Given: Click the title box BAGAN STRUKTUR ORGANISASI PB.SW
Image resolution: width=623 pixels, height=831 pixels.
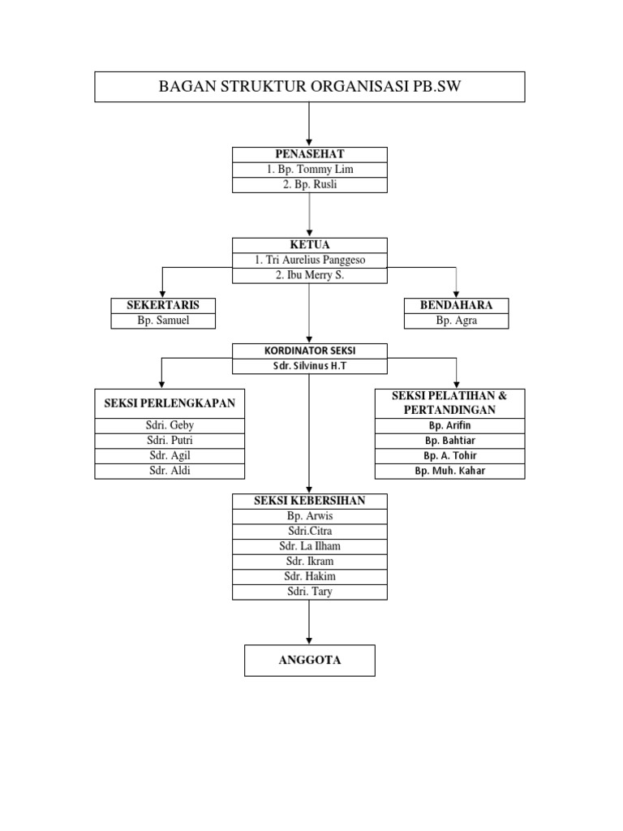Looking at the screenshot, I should point(309,87).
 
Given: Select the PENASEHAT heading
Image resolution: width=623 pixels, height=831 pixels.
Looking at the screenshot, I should point(309,154).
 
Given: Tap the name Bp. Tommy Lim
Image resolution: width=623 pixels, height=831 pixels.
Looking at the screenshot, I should point(309,170).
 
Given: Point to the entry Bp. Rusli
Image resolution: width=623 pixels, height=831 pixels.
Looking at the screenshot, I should point(309,185).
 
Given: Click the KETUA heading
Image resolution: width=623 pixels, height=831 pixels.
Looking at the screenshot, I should point(309,245).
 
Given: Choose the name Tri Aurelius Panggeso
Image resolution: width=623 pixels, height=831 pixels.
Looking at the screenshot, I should point(309,260).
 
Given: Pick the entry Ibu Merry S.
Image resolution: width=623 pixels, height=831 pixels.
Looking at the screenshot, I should point(309,276).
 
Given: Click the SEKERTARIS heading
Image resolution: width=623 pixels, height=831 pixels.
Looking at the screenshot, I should point(163,305).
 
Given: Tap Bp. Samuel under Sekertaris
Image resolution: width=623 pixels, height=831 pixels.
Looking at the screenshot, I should point(163,321).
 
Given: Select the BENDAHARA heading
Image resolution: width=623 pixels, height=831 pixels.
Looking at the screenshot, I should point(457,305).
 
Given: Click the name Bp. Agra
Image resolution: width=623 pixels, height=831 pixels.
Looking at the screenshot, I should point(457,321).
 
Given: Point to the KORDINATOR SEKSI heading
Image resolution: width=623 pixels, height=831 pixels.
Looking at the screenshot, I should point(309,351).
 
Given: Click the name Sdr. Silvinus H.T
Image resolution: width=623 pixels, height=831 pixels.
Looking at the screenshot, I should point(309,366).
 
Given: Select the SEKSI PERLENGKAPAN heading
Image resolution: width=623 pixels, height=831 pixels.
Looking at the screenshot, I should point(170,403).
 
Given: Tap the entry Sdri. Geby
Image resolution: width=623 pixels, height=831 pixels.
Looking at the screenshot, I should point(170,425).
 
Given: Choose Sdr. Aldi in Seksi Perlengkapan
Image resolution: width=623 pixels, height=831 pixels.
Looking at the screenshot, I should point(170,471).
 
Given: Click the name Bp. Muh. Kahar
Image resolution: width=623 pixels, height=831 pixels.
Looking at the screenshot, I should point(449,471).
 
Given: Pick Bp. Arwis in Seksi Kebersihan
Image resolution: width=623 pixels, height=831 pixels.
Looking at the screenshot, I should point(309,516).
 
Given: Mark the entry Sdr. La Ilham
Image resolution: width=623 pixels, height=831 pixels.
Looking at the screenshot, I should point(309,546).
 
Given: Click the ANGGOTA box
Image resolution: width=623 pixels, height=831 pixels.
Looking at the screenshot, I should point(309,661).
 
